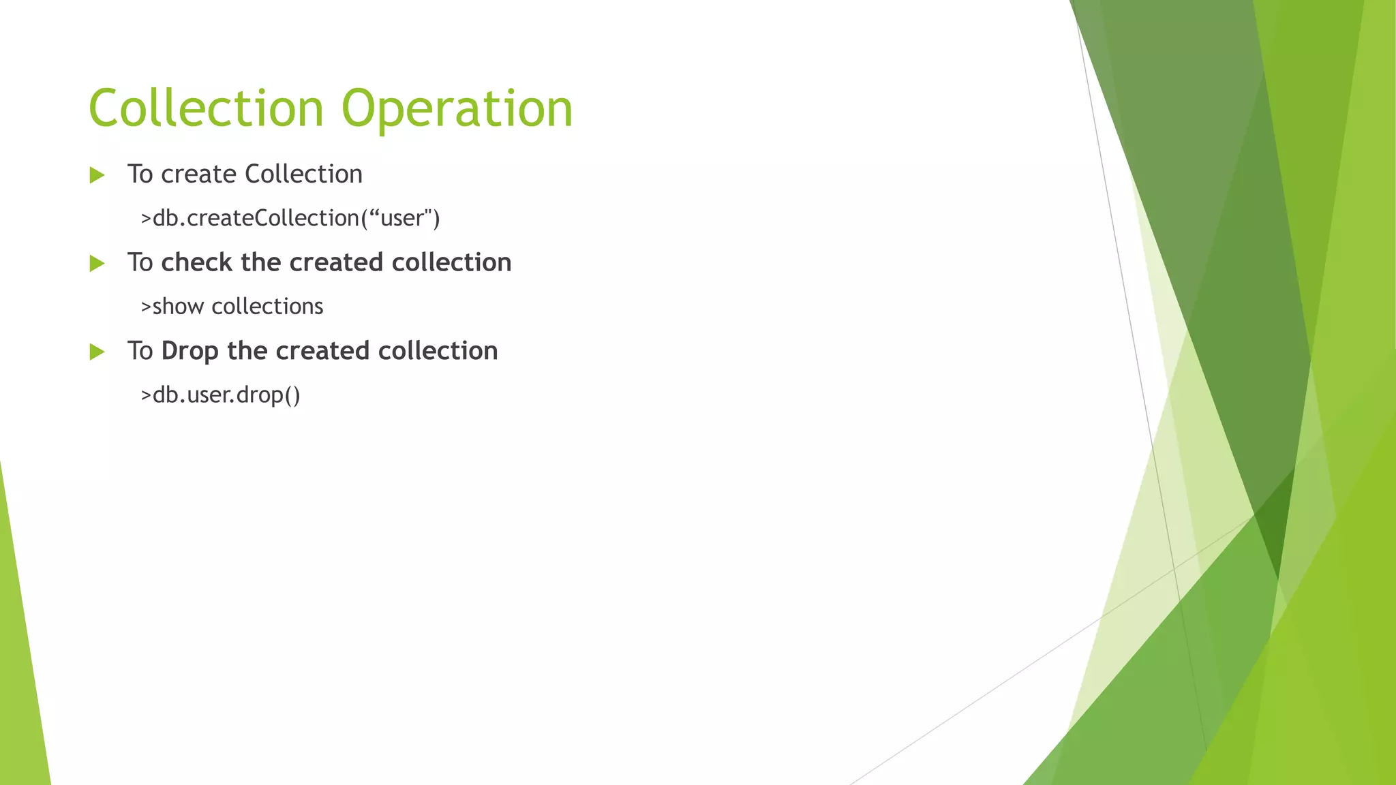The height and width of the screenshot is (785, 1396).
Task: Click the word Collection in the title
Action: pos(206,109)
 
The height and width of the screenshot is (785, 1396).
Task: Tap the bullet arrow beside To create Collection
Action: pos(97,175)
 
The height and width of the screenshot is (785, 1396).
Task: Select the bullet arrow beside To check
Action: pos(97,264)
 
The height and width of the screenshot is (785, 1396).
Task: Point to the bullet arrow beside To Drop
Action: pos(97,352)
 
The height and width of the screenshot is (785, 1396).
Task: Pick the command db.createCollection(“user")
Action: pos(290,218)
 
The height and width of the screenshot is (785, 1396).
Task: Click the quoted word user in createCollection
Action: pos(402,219)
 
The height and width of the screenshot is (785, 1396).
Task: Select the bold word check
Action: pos(196,262)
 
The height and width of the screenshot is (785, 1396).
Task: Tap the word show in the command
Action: pos(178,307)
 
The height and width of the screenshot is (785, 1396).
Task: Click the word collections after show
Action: pos(267,307)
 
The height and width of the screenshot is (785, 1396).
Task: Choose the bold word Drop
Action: pos(189,352)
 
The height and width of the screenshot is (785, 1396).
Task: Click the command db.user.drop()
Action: pos(220,395)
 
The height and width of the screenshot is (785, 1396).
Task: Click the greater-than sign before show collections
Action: pos(146,307)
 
